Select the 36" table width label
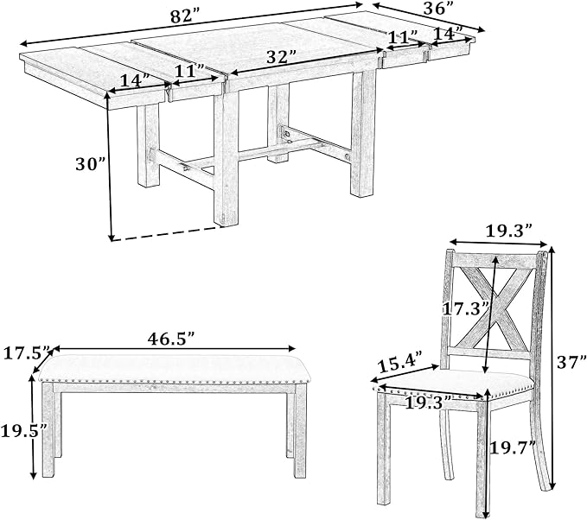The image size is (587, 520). pos(435,10)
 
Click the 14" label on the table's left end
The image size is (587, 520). pos(134,79)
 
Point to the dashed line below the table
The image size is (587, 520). pos(164,234)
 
